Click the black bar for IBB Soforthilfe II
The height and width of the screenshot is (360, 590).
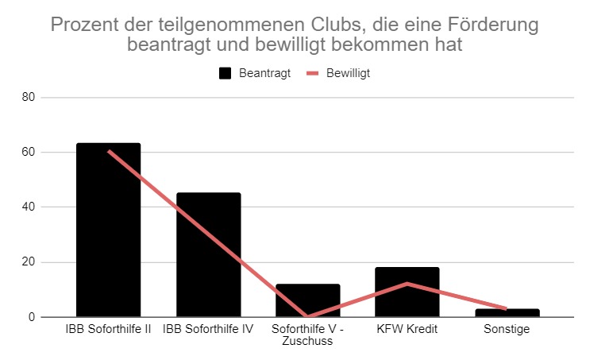[x=108, y=230]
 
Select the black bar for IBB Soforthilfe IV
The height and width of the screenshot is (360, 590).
[x=208, y=254]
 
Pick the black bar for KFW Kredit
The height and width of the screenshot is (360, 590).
[x=407, y=292]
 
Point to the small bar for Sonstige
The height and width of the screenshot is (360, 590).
[x=507, y=312]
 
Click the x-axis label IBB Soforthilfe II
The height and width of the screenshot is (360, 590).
[x=108, y=329]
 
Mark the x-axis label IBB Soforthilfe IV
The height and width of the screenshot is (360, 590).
[x=208, y=329]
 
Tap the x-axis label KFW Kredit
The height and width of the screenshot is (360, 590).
[x=407, y=329]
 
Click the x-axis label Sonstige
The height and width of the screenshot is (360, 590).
[x=507, y=329]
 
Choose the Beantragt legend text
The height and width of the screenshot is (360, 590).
[x=264, y=72]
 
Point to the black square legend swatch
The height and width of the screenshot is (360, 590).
[x=225, y=73]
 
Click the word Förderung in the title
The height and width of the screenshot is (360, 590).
[x=491, y=25]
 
